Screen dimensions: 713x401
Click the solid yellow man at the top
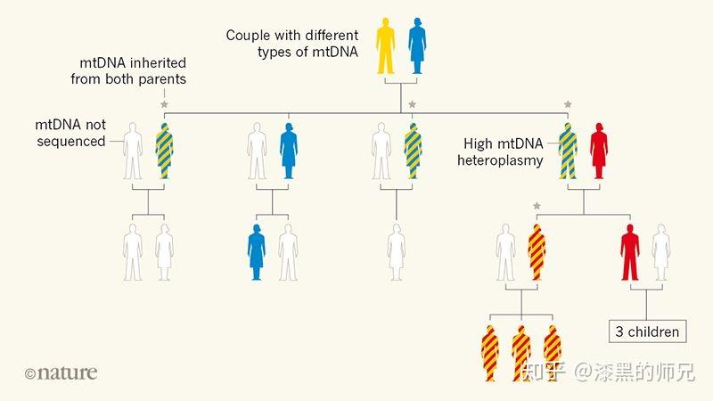tap(385, 45)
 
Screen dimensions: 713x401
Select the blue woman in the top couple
tap(417, 45)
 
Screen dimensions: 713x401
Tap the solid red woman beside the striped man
tap(599, 151)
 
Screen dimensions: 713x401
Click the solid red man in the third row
tap(630, 252)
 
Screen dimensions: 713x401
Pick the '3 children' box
tap(648, 331)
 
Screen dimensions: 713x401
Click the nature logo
tap(61, 373)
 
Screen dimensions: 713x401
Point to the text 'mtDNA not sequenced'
tap(70, 133)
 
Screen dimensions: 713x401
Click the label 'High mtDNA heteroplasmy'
tap(500, 151)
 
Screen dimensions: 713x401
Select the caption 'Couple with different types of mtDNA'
tap(292, 44)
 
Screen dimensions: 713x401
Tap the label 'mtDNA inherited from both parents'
tap(128, 71)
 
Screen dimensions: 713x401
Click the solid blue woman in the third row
tap(257, 252)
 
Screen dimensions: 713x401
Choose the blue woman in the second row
tap(288, 151)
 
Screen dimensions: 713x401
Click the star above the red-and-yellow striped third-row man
tap(537, 206)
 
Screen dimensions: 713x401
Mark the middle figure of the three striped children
tap(521, 353)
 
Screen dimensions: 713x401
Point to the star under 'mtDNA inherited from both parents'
tap(164, 104)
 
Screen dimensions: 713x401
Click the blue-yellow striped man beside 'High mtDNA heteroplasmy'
tap(568, 151)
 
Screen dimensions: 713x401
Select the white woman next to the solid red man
tap(661, 252)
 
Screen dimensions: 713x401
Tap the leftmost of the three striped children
tap(489, 353)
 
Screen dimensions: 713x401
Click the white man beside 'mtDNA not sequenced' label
tap(133, 151)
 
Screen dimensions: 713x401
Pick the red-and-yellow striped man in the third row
tap(537, 252)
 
